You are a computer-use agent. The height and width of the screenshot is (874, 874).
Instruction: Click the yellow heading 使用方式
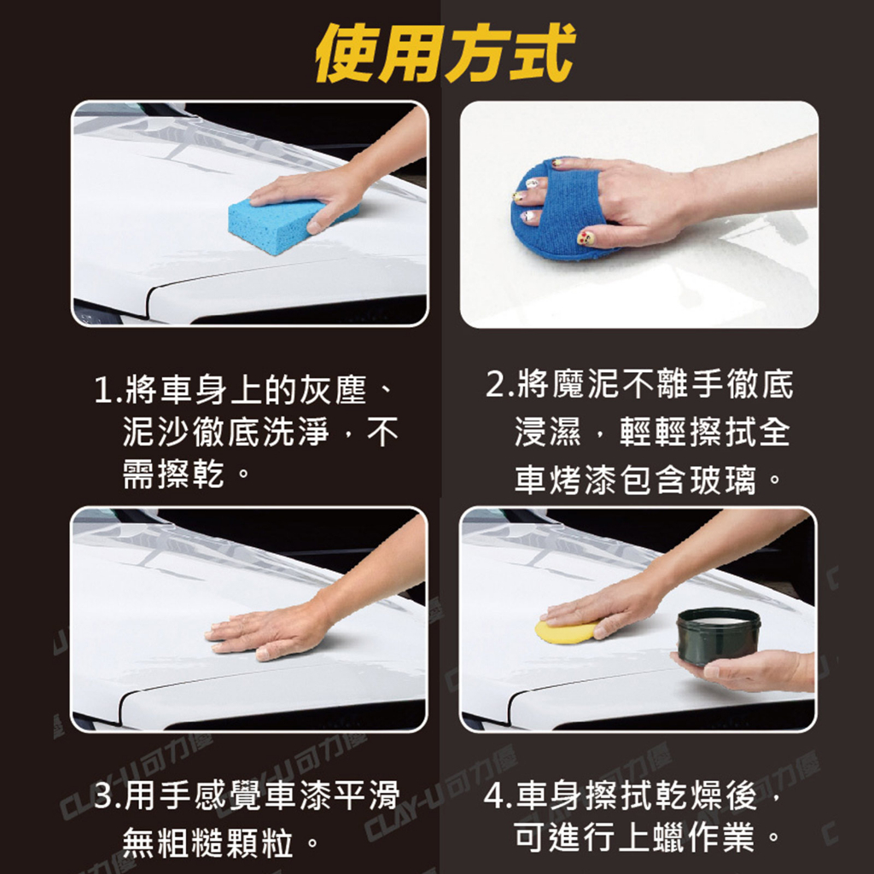(445, 54)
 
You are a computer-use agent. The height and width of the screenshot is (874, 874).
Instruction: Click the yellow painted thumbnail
(586, 237)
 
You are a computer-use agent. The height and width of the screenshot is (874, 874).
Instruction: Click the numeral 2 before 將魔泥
(496, 384)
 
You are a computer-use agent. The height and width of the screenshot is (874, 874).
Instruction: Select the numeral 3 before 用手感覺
(104, 795)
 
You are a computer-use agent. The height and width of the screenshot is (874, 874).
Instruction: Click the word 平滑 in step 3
(366, 795)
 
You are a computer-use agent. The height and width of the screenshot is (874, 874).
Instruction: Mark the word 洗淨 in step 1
(295, 432)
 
